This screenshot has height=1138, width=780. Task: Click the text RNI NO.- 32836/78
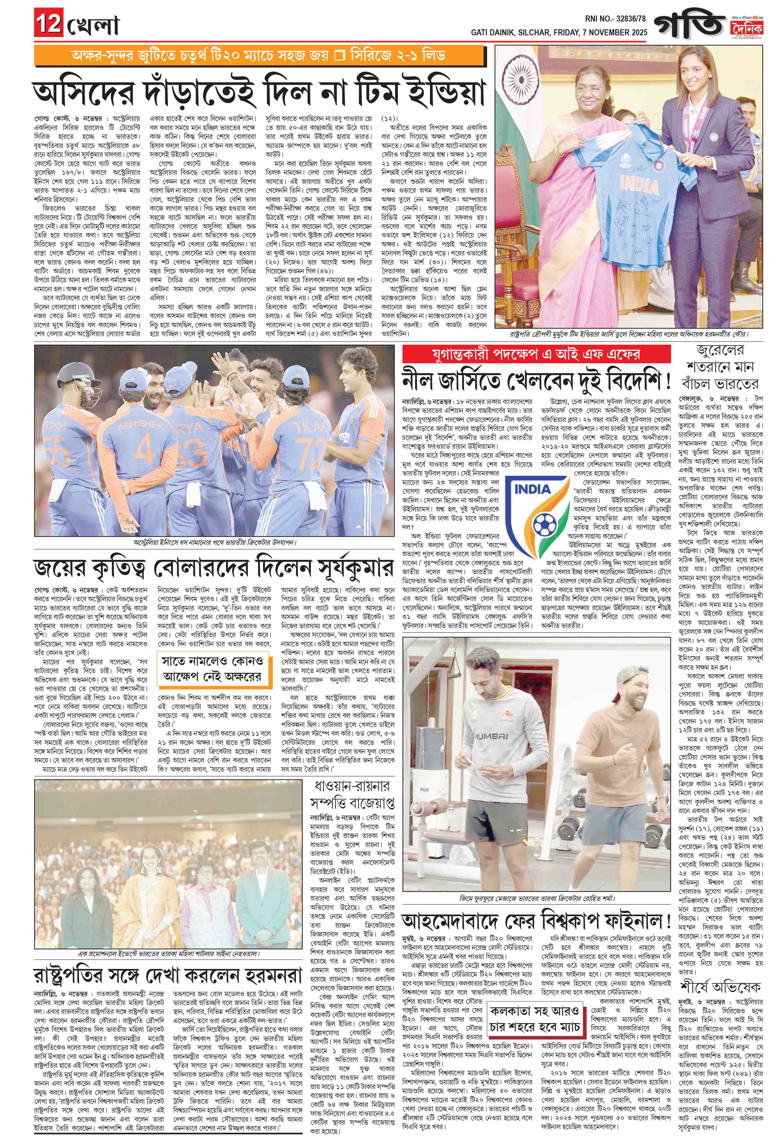point(615,18)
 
